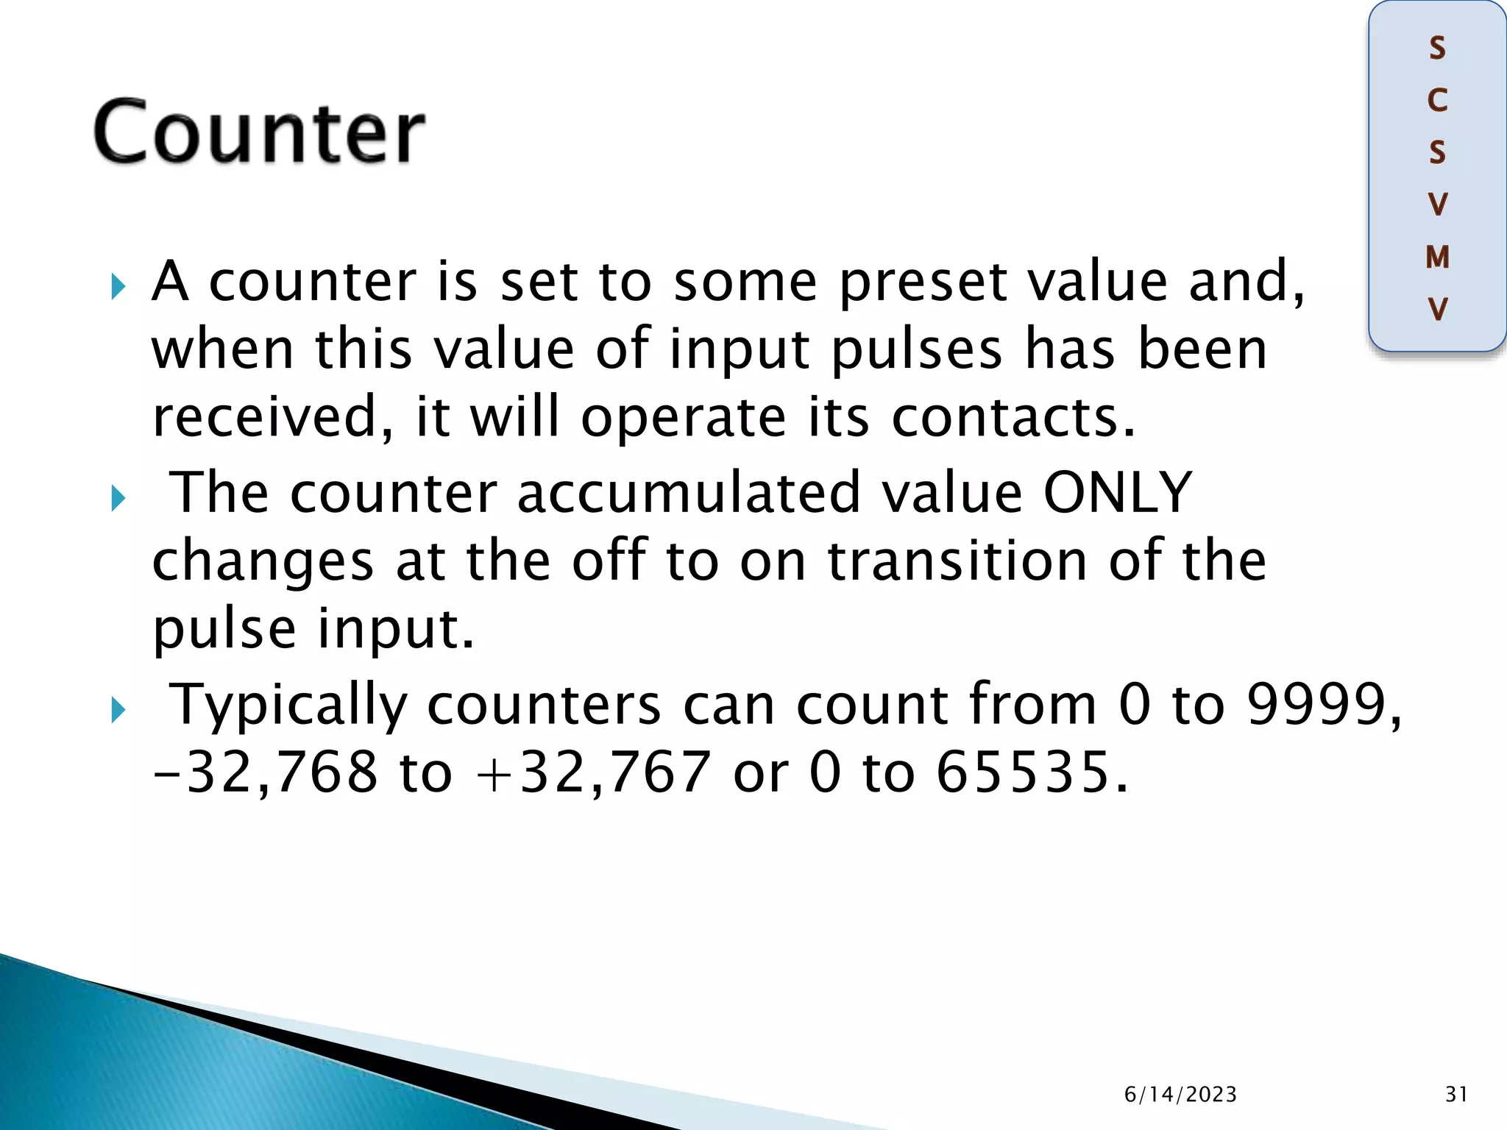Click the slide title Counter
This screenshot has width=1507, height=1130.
coord(259,132)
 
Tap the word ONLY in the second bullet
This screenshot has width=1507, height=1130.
coord(1118,492)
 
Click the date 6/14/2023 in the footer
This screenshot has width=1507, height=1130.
coord(1180,1095)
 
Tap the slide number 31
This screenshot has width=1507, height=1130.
coord(1456,1095)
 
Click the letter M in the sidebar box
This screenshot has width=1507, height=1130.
coord(1437,257)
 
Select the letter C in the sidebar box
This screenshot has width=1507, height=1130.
coord(1437,101)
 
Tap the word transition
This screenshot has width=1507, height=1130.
coord(957,561)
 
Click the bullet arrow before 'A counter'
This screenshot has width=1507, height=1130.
coord(118,286)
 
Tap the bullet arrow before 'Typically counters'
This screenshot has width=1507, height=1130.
coord(118,710)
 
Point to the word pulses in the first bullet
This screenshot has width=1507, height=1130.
coord(916,350)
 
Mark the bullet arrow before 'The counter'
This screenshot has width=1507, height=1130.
coord(118,498)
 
